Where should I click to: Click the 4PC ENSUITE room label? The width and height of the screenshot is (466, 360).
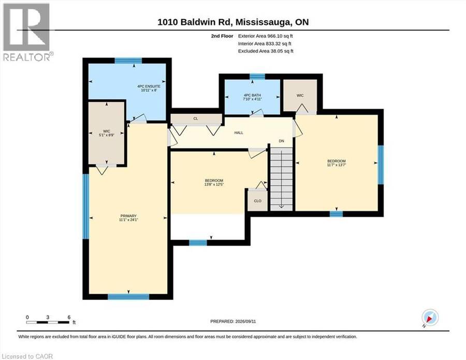point(149,86)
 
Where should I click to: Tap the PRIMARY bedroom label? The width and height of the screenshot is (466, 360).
point(128,216)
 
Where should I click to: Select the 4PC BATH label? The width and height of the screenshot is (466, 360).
point(252,95)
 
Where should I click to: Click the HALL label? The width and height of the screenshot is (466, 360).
point(239,132)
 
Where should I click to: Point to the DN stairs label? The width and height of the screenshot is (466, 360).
point(282,141)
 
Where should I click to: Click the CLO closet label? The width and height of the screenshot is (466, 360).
point(258,201)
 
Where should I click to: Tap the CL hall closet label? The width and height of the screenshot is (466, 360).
point(196,118)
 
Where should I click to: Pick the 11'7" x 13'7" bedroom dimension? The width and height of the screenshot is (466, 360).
point(337,164)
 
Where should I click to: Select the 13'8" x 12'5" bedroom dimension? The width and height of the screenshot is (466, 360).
point(214,184)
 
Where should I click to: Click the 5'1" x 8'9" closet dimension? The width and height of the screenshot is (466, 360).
point(106,135)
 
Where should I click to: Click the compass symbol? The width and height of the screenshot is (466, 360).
point(430,317)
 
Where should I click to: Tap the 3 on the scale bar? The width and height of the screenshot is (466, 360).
point(48,317)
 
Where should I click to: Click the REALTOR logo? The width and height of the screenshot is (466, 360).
point(27,32)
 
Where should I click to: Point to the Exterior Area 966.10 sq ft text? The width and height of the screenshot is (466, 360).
point(266,36)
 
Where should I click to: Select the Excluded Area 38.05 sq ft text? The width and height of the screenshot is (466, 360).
point(266,51)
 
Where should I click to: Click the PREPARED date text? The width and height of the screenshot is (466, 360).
point(233,321)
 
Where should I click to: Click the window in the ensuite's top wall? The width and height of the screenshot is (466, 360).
point(128,61)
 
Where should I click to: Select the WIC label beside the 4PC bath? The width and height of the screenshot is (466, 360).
point(300,95)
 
